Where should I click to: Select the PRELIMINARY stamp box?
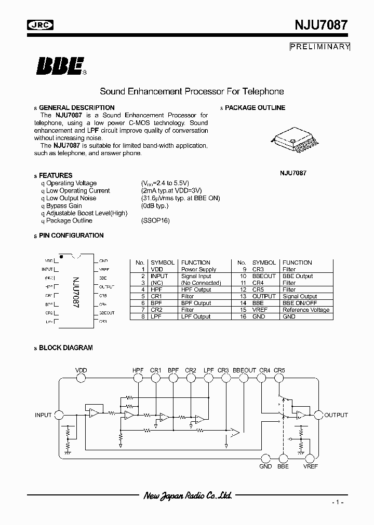click(x=320, y=47)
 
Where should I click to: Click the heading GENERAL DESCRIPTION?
click(x=76, y=108)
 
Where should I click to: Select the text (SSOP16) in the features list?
click(x=155, y=220)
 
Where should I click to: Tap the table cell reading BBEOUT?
click(x=264, y=276)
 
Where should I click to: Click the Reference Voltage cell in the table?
click(x=306, y=310)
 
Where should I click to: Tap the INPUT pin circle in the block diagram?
click(x=59, y=415)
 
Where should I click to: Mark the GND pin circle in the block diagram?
click(x=265, y=458)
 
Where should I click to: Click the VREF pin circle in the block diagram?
click(x=311, y=458)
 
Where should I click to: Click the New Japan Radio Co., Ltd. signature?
click(x=188, y=496)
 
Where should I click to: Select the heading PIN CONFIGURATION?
click(x=71, y=236)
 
